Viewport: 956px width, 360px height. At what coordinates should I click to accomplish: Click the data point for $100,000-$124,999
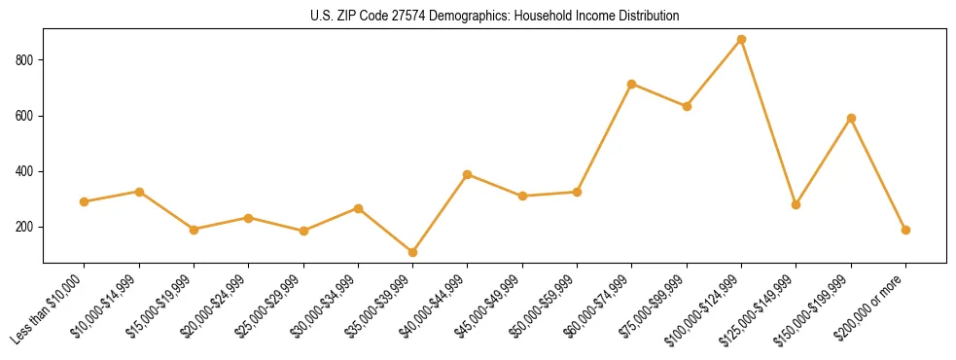pyautogui.click(x=741, y=40)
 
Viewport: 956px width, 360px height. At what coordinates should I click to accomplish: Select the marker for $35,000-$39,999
pyautogui.click(x=412, y=252)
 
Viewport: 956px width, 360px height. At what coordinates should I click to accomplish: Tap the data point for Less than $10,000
pyautogui.click(x=84, y=201)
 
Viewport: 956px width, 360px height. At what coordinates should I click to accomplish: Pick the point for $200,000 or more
pyautogui.click(x=905, y=230)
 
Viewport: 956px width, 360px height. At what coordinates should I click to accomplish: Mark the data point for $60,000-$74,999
pyautogui.click(x=632, y=84)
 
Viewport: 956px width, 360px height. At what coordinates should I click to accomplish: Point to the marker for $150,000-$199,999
pyautogui.click(x=851, y=118)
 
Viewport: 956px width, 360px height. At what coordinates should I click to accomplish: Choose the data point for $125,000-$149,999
pyautogui.click(x=796, y=204)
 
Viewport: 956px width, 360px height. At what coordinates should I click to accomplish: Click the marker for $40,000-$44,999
pyautogui.click(x=468, y=174)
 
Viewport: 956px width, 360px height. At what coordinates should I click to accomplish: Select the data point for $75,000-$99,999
pyautogui.click(x=687, y=106)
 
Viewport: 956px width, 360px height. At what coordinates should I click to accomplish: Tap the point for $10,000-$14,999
pyautogui.click(x=139, y=192)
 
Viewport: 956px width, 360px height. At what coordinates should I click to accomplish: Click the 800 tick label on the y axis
pyautogui.click(x=25, y=60)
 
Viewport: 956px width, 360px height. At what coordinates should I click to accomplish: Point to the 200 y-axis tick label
pyautogui.click(x=25, y=227)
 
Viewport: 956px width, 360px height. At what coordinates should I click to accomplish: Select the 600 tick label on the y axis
pyautogui.click(x=25, y=116)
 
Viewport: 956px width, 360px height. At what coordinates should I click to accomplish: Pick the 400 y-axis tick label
pyautogui.click(x=25, y=171)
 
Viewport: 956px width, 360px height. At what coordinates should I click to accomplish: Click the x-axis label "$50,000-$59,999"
pyautogui.click(x=544, y=307)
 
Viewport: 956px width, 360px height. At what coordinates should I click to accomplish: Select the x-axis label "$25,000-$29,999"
pyautogui.click(x=269, y=307)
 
